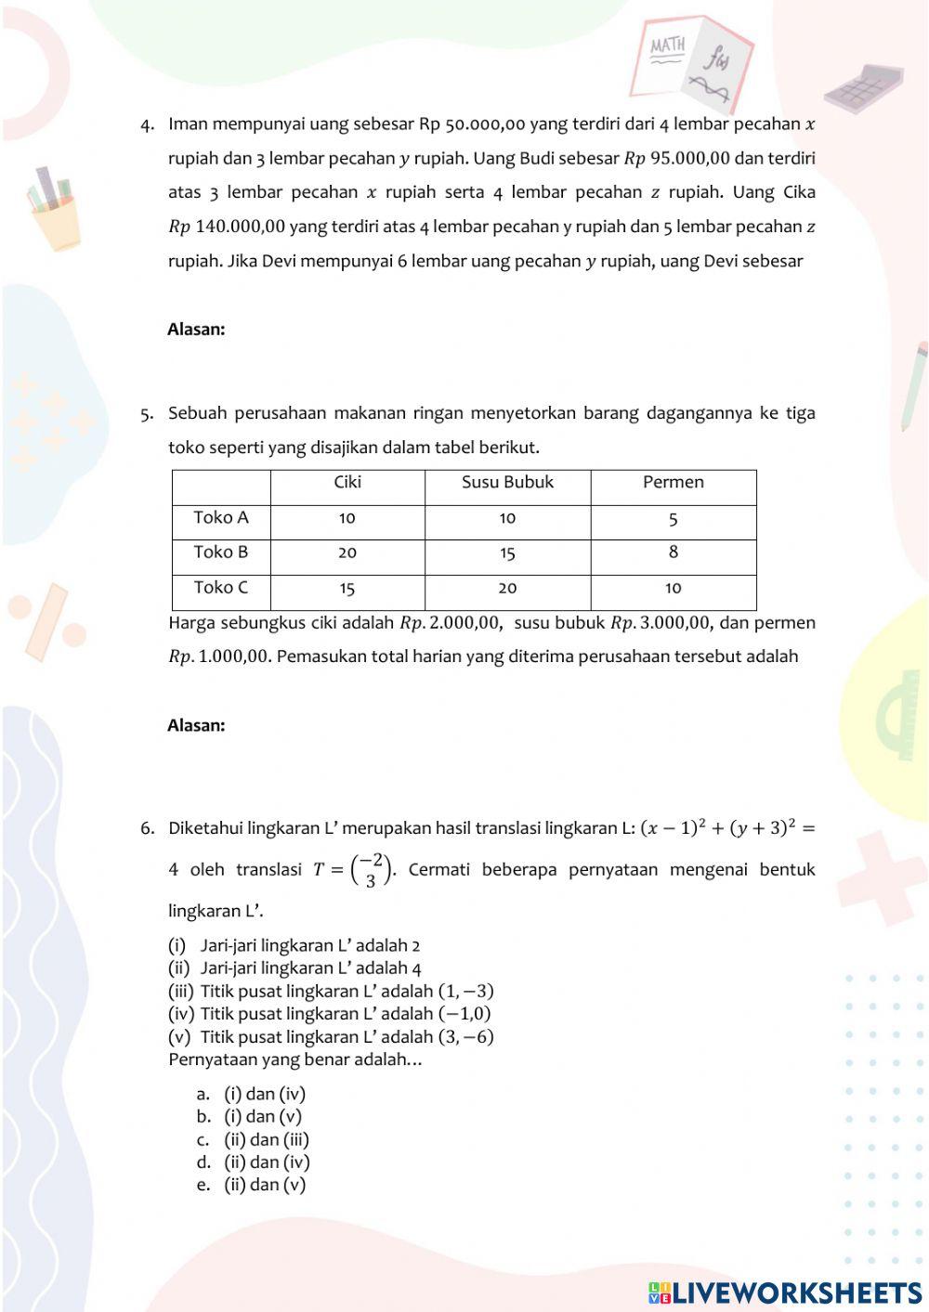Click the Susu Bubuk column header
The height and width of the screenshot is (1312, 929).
(507, 482)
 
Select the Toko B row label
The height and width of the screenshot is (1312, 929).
(221, 552)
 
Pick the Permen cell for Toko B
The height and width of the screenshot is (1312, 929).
(673, 552)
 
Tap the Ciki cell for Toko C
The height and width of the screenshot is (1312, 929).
(347, 588)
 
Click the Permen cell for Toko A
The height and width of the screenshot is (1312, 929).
(673, 518)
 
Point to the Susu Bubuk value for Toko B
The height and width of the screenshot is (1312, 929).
(507, 553)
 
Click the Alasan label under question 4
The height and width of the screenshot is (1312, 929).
(196, 329)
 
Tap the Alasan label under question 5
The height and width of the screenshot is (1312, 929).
(196, 725)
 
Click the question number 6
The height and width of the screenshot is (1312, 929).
(147, 828)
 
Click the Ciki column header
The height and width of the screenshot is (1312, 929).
(347, 482)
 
